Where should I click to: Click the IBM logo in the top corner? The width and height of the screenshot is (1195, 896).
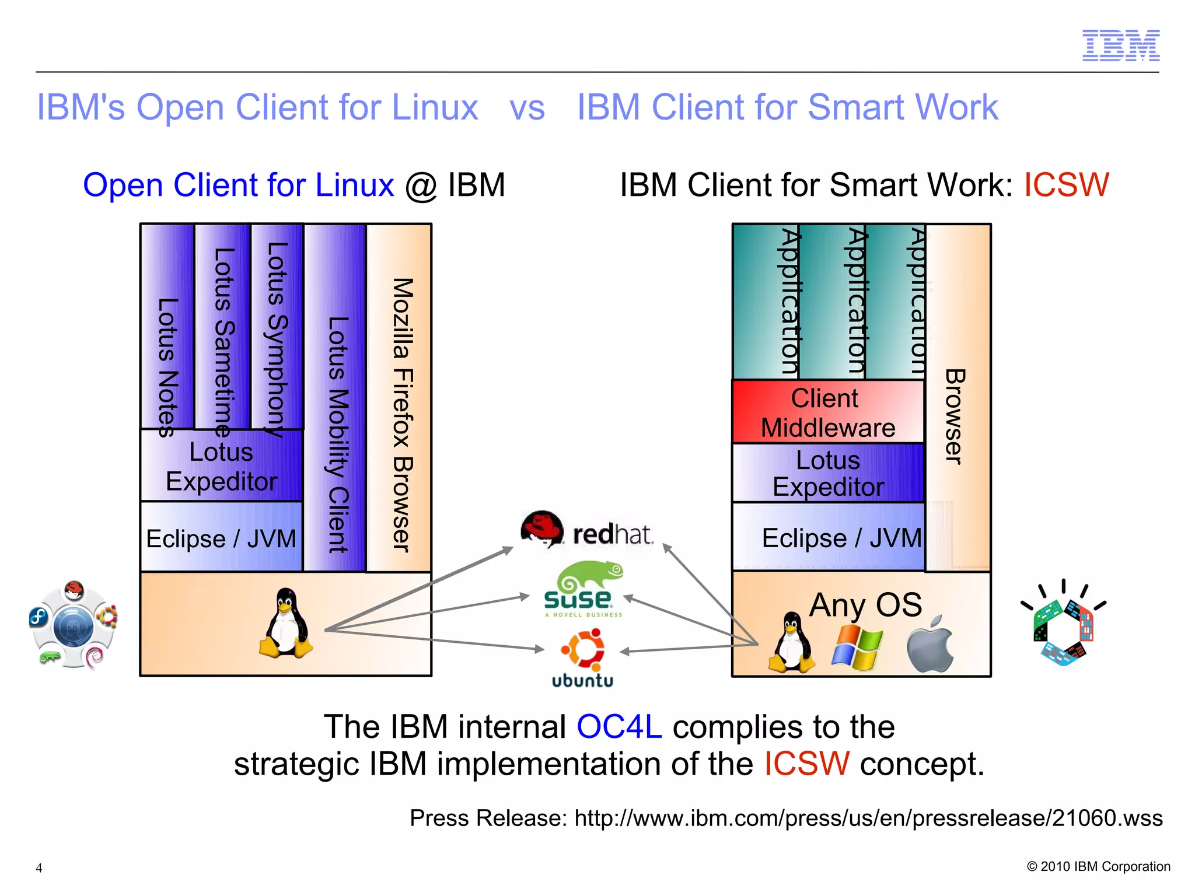pos(1120,45)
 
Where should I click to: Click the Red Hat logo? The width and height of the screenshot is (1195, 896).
pos(586,530)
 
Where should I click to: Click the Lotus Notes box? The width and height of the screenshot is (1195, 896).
pos(167,327)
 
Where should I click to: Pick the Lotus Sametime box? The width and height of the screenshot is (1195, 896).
pos(223,327)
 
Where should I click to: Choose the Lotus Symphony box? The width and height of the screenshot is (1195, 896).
pos(277,327)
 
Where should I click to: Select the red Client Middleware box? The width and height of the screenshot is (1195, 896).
pos(827,412)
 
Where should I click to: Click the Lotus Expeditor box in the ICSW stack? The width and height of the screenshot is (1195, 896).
pos(827,473)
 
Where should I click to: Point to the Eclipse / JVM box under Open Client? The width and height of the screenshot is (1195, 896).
pos(221,537)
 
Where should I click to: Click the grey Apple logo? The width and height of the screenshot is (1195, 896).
pos(930,644)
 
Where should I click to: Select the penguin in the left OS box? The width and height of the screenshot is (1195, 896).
pos(286,624)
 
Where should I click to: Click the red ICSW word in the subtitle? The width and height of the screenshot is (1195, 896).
pos(1066,185)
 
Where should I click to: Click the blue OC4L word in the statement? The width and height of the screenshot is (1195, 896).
pos(619,727)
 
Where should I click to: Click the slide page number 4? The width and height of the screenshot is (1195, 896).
pos(39,868)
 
